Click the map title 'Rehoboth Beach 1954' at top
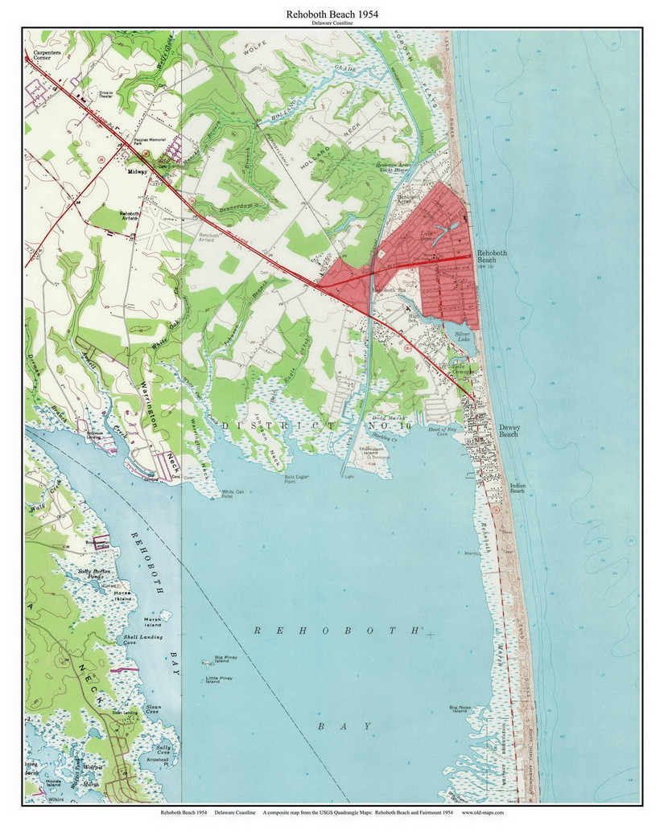tap(332, 14)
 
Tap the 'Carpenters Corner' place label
tap(37, 55)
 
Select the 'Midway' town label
tap(137, 171)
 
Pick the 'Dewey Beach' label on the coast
tap(509, 431)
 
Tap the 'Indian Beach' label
tap(517, 487)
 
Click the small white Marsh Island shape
tap(166, 615)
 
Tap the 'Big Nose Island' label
tap(459, 709)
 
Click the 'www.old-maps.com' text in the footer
tap(483, 812)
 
